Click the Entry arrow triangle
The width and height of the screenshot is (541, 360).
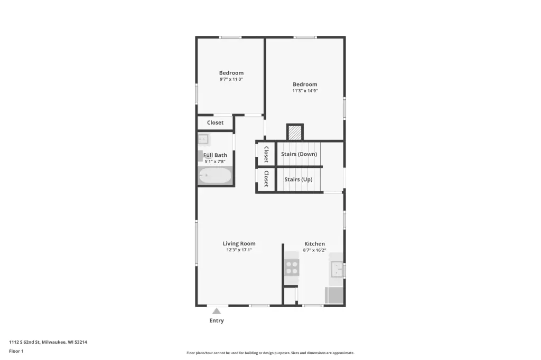[216, 311]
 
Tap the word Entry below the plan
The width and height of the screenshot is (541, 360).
[217, 321]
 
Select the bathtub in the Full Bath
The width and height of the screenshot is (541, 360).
[215, 176]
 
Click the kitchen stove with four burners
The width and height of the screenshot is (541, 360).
[292, 267]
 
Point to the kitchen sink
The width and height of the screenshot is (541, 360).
[337, 269]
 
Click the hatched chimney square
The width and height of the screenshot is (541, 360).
[295, 132]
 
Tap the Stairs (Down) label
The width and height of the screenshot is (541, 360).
[299, 154]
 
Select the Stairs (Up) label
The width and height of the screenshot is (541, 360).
[299, 179]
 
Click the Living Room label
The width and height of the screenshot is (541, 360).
[239, 243]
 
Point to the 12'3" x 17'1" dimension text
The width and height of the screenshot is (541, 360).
[239, 250]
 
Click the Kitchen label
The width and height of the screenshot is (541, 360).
[314, 244]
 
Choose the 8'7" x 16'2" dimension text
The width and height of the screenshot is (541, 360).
[314, 250]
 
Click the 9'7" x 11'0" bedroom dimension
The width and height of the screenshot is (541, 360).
[231, 79]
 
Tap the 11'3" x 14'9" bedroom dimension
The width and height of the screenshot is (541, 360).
[305, 91]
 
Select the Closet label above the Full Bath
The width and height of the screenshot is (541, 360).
[216, 122]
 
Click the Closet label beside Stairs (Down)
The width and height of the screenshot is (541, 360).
[266, 154]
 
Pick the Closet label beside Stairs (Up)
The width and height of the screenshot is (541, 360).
[266, 178]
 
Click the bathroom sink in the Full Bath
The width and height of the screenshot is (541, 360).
[203, 139]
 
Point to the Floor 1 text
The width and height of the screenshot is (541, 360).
[16, 351]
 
